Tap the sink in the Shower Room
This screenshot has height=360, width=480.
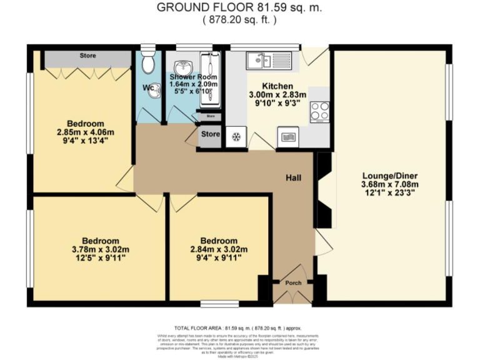(183, 66)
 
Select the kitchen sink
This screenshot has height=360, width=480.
(257, 60)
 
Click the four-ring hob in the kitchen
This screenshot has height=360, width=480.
(320, 111)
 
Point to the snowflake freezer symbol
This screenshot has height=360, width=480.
(237, 137)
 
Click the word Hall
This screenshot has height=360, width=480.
(294, 179)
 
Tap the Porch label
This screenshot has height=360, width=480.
(293, 283)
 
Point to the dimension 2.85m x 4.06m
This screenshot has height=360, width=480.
(86, 132)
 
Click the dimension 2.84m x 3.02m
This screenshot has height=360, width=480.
(218, 249)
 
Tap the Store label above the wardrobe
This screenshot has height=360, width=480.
(87, 56)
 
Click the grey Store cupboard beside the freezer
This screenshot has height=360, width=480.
(211, 135)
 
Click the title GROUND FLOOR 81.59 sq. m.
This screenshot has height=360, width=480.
(239, 7)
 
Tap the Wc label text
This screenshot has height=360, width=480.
(148, 87)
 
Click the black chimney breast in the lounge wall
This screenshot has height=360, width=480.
(324, 191)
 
